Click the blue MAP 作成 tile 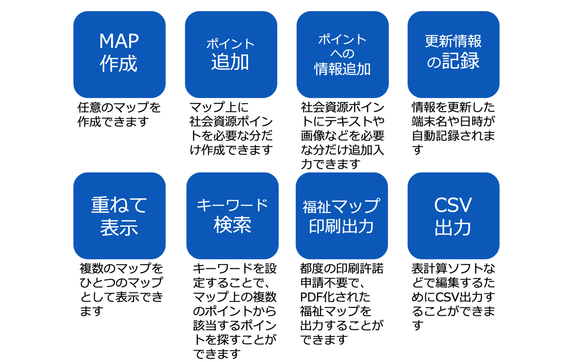coord(119,54)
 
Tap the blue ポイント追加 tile coord(231,54)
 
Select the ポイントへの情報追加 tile coord(342,54)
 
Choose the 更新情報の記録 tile coord(453,54)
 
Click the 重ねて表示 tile coord(119,216)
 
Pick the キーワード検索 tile coord(232,216)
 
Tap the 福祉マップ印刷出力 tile coord(341,216)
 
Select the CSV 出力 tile coord(453,216)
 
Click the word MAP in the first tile coord(119,41)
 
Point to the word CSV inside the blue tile coord(453,205)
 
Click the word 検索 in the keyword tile coord(232,225)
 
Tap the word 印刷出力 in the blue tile coord(341,226)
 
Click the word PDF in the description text coord(311,297)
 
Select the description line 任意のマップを coord(119,107)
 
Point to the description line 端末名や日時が coord(453,122)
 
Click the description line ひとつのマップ coord(121,283)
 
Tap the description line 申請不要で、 coord(333,283)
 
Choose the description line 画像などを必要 coord(342,136)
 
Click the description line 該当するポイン coord(235,326)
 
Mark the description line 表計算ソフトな coord(453,269)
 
